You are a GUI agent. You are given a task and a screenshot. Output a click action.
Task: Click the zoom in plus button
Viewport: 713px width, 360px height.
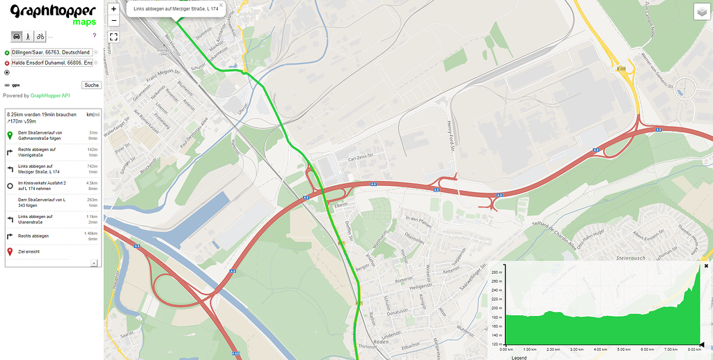click(x=113, y=9)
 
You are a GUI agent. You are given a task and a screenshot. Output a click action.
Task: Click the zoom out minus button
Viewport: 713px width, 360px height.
click(x=113, y=20)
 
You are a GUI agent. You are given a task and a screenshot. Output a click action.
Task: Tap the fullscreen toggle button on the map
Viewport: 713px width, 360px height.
click(x=113, y=36)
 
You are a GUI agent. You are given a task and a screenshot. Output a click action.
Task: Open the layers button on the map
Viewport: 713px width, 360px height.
click(x=701, y=12)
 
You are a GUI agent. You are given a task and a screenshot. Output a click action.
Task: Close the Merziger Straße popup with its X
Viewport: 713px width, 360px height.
click(x=221, y=4)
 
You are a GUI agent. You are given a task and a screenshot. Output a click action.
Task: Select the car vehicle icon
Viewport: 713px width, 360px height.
click(x=15, y=36)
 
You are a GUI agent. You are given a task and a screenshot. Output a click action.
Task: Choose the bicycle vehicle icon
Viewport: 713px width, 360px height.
click(x=40, y=36)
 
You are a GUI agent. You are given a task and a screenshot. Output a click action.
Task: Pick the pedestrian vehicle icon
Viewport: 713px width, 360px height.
click(x=28, y=36)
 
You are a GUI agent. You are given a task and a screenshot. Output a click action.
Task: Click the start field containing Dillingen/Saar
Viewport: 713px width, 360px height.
click(x=51, y=52)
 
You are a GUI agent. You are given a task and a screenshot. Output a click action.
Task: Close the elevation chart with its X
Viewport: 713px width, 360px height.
click(x=706, y=266)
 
